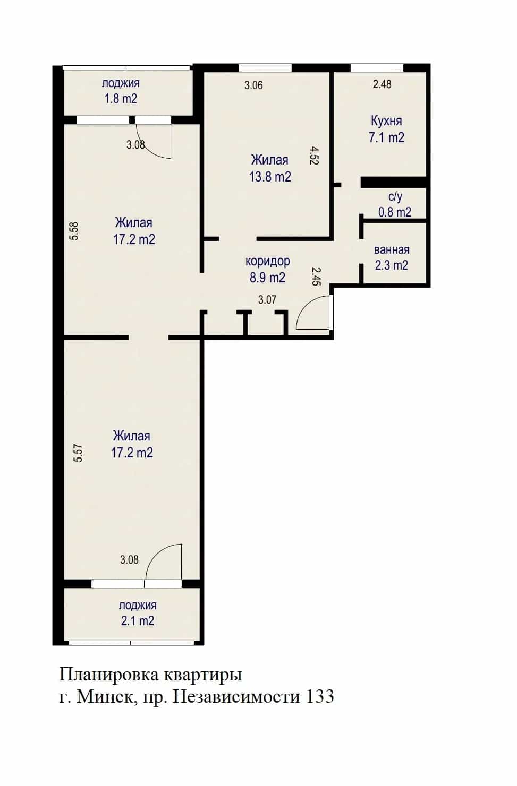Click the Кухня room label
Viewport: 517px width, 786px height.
pos(386,121)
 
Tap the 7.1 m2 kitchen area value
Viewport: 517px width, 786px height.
pos(386,137)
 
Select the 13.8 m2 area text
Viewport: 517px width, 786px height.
pos(270,177)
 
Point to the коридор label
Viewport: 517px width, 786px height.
pos(268,262)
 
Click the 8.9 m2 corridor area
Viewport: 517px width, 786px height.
pos(268,278)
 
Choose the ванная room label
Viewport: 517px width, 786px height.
pos(392,250)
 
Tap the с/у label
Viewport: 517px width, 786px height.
pos(395,197)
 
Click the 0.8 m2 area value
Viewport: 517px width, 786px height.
pos(395,212)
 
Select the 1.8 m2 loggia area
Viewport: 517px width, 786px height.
pos(121,99)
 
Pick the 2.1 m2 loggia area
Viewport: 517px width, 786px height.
pos(137,621)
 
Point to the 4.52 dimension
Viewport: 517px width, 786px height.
pos(314,156)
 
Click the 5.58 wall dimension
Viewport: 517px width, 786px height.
pos(74,230)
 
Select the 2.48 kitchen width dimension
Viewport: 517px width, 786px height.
pos(382,84)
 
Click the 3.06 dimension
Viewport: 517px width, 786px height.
pos(253,85)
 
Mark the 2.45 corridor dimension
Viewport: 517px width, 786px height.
pos(317,277)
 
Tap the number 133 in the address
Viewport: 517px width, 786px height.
pos(320,696)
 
